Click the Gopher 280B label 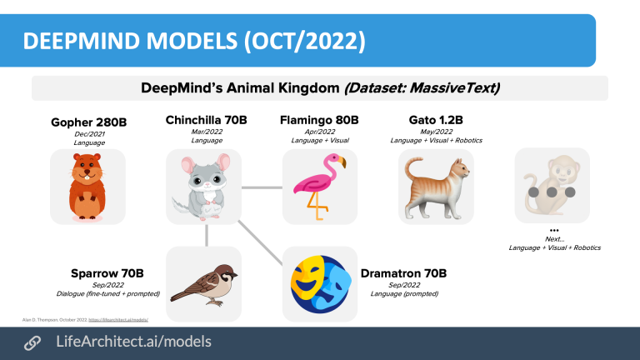[88, 122]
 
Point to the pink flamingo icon [319, 186]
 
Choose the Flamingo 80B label [320, 120]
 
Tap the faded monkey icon [551, 185]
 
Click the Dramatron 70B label [403, 272]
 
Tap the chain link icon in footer [32, 342]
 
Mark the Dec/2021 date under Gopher [88, 134]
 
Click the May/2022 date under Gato [436, 131]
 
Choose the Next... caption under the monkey [554, 238]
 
